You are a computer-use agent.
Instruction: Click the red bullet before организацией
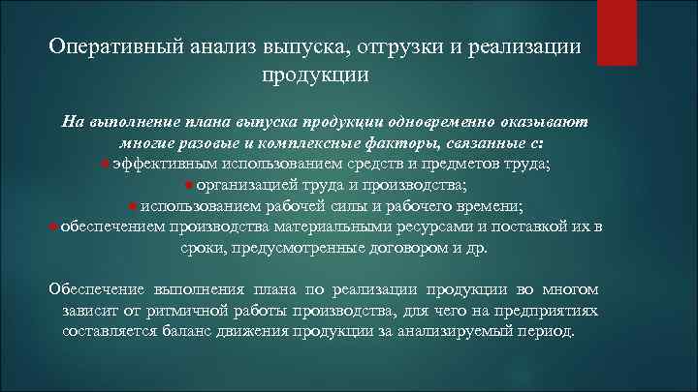click(189, 186)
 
